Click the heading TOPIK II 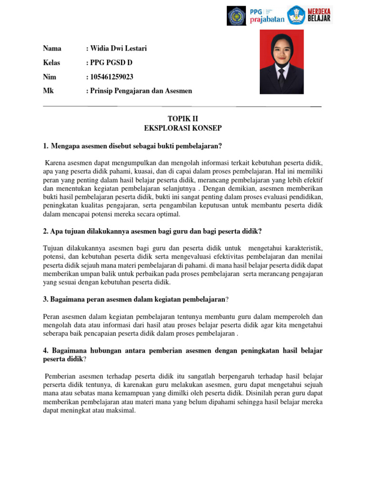coord(183,119)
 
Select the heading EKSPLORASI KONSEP coord(183,128)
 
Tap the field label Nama coord(52,48)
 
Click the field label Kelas coord(52,62)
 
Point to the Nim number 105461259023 coord(112,77)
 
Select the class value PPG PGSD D coord(112,62)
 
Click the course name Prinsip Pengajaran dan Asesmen coord(141,91)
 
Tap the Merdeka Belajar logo coord(310,15)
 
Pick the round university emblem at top coord(236,15)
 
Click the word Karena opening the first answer coord(55,163)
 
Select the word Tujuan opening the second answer coord(53,248)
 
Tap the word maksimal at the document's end coord(122,410)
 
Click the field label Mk coord(48,91)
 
